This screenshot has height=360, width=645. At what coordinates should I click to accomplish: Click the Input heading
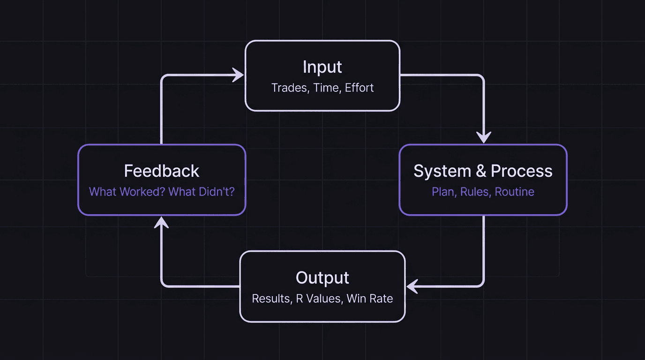coord(322,67)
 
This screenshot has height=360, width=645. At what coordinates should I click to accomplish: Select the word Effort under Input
coord(360,88)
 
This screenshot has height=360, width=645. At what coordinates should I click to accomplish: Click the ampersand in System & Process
coord(481,171)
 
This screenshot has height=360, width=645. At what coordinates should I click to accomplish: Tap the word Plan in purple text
coord(443,192)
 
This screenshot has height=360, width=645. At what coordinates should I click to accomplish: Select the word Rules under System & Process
coord(474,192)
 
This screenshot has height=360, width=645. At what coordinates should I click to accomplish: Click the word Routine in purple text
coord(515,192)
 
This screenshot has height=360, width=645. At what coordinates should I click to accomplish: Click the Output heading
coord(322,278)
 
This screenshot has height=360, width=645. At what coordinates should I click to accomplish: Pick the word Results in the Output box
coord(270,299)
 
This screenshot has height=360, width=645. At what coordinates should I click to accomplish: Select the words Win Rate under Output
coord(370,299)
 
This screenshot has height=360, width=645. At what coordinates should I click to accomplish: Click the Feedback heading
coord(162,171)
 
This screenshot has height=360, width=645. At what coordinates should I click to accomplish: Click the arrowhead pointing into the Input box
coord(239,75)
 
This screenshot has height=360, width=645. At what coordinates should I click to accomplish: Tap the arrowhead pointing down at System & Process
coord(483,138)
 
